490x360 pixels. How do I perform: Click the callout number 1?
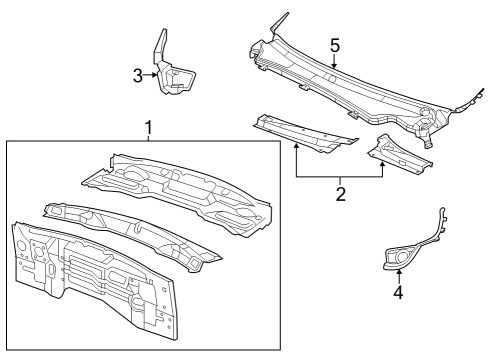pos(148,129)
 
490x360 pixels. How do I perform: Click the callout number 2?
pos(340,193)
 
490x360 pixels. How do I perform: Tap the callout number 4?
pos(398,293)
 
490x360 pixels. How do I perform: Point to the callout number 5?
pos(335,46)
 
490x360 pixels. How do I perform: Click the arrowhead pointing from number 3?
pos(157,73)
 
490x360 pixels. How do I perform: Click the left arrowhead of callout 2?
pos(296,145)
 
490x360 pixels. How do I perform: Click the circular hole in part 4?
pos(402,258)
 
